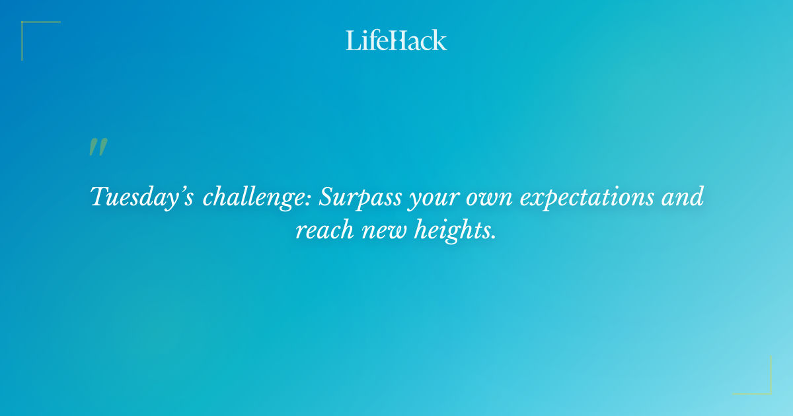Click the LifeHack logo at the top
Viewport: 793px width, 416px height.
click(x=396, y=40)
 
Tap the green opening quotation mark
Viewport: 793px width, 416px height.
click(x=98, y=147)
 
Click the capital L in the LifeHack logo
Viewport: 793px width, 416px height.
click(x=352, y=40)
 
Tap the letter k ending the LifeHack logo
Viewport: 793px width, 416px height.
click(x=439, y=40)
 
